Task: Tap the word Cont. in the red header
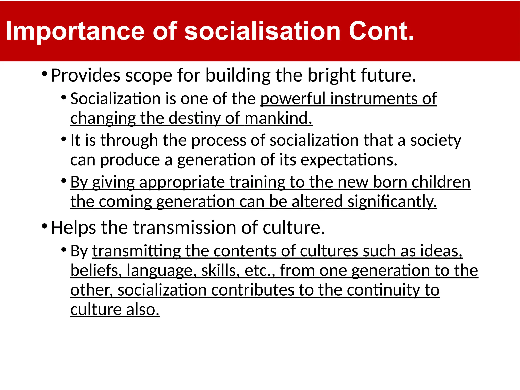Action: (381, 31)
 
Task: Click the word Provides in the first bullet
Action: (86, 75)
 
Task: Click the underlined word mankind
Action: (278, 118)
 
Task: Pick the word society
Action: (435, 140)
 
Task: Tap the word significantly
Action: (392, 202)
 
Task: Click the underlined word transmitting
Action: (136, 251)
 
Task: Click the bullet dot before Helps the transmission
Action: (44, 226)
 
